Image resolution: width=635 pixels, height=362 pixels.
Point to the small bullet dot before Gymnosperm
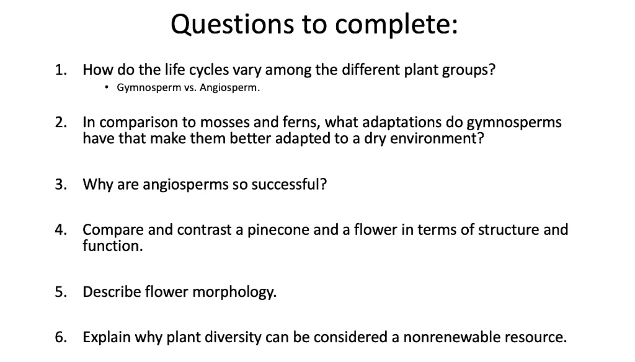(x=107, y=87)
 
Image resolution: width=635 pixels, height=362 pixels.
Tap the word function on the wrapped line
(x=112, y=246)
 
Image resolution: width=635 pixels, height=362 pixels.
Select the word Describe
(x=112, y=292)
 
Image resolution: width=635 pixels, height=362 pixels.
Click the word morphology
(x=234, y=293)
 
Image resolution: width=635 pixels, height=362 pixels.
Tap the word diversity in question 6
(x=233, y=338)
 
